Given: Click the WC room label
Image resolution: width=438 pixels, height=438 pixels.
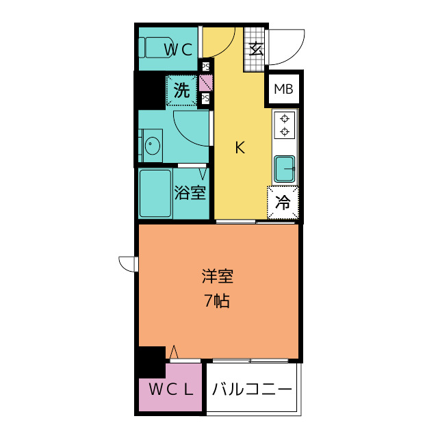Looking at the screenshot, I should tap(180, 49).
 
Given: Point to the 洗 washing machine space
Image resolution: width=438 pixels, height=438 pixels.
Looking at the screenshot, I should tap(181, 91).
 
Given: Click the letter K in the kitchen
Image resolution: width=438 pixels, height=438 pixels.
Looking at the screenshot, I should tap(240, 146).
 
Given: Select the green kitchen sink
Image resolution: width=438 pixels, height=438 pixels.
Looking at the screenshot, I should tap(285, 168).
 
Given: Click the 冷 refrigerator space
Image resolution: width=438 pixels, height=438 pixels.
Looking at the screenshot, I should tap(283, 203).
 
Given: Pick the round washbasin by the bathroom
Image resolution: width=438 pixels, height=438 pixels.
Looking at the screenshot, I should tap(152, 146).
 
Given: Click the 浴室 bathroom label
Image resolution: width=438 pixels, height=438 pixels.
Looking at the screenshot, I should tap(190, 193).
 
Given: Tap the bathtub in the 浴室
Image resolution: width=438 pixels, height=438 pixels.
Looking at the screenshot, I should tap(155, 193).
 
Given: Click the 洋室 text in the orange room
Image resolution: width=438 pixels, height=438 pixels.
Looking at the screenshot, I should tap(218, 276).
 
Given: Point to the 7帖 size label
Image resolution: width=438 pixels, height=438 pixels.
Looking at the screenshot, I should tap(217, 300).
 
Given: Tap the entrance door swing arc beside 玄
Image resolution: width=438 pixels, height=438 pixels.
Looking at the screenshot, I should tap(286, 49).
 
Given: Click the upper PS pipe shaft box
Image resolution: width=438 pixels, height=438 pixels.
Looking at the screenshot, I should tap(205, 66).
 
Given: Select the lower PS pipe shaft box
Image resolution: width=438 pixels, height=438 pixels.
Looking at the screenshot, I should tap(205, 99).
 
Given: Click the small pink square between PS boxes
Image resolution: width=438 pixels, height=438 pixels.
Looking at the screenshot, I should tap(205, 83).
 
